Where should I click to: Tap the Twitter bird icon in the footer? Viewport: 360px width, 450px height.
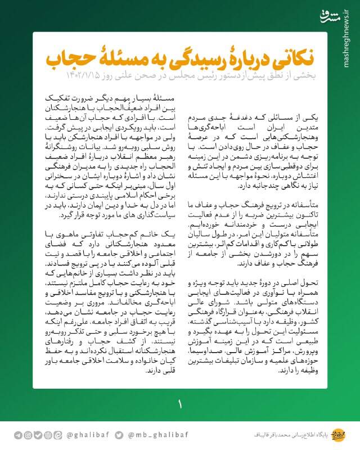[x=119, y=435]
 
